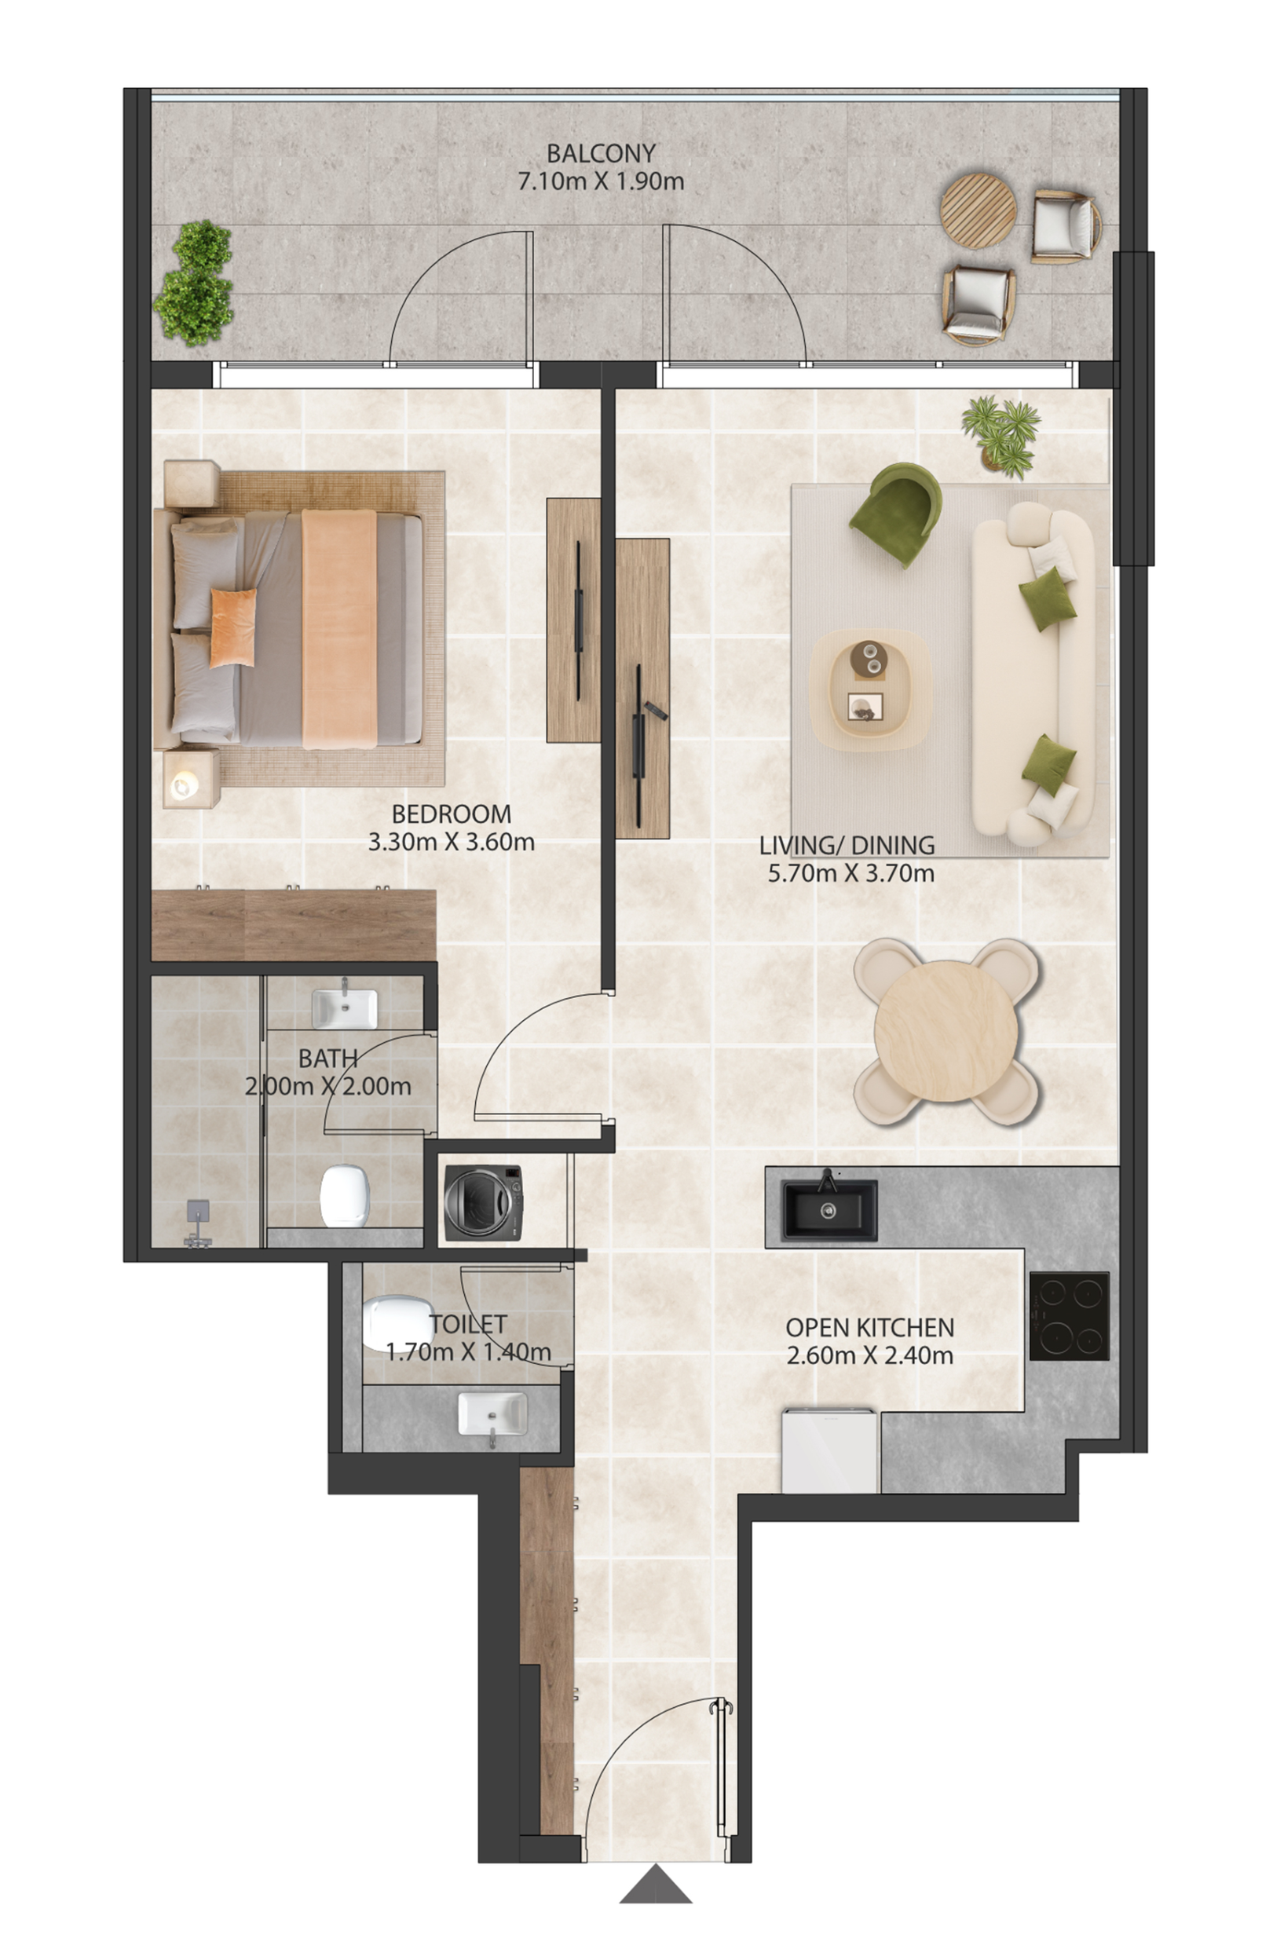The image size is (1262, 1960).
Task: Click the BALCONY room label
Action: [601, 153]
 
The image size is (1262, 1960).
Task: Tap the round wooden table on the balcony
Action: [978, 210]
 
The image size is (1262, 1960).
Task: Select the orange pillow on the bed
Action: [232, 627]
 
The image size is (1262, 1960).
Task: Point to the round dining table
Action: [946, 1032]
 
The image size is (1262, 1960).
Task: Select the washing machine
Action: [484, 1203]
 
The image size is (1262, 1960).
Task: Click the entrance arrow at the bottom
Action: [656, 1884]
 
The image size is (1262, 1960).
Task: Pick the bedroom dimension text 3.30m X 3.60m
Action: [452, 842]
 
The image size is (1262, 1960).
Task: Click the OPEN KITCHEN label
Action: [869, 1327]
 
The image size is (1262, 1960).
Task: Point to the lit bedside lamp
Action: [185, 786]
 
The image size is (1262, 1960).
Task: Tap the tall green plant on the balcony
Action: [194, 283]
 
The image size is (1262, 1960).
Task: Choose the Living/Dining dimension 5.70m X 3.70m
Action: [850, 873]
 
